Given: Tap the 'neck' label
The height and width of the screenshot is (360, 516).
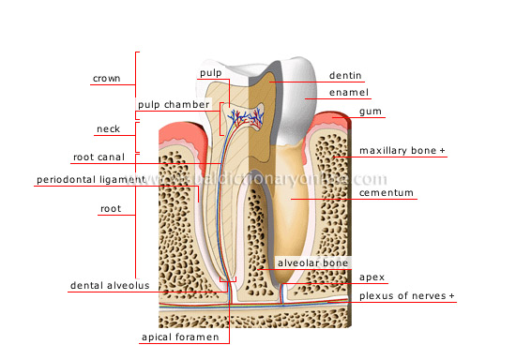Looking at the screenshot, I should click(x=109, y=128).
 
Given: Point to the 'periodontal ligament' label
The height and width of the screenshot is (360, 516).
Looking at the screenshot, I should click(x=91, y=179).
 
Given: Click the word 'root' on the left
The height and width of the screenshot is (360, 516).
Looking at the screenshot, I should click(x=111, y=211).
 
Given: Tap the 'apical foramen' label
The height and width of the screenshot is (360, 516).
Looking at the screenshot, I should click(x=180, y=336).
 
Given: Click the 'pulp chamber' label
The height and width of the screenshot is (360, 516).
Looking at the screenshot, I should click(x=173, y=104).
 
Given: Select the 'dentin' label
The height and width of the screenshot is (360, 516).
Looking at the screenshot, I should click(x=344, y=75).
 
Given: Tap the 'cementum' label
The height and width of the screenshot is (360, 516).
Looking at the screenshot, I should click(x=387, y=193).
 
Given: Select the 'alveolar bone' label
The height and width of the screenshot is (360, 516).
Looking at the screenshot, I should click(x=312, y=263).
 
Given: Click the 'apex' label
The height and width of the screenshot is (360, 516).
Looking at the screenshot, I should click(x=371, y=277).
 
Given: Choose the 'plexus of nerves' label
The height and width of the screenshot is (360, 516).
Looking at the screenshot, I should click(x=402, y=296).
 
